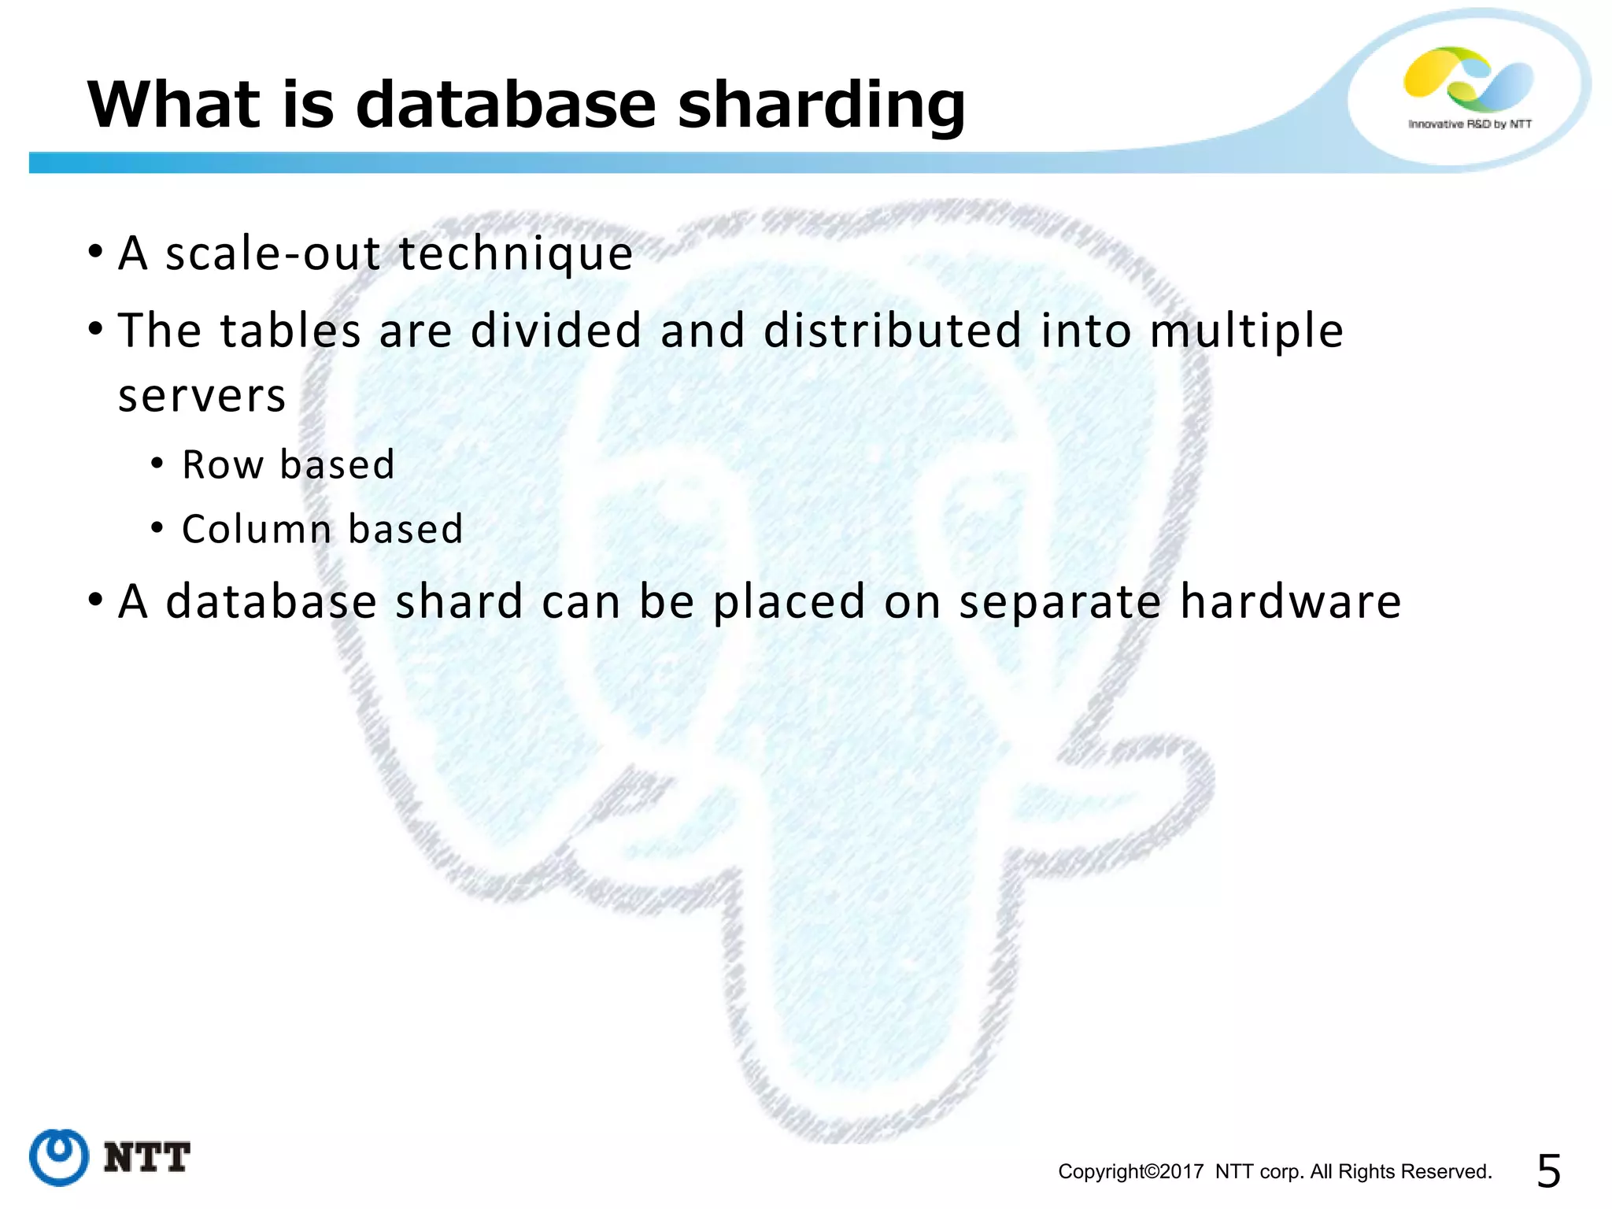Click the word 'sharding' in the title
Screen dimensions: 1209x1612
[821, 105]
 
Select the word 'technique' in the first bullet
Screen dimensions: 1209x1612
[516, 254]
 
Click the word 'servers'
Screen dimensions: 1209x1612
[201, 395]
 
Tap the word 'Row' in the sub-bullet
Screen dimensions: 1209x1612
[223, 464]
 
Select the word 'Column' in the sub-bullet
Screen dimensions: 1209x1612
[257, 529]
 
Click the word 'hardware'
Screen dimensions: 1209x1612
[1291, 602]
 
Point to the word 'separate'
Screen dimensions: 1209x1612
[1059, 604]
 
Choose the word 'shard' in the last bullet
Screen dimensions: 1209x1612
[459, 602]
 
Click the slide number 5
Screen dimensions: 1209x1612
[1548, 1171]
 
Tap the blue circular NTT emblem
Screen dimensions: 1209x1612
[59, 1157]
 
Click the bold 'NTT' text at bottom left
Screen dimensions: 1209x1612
[147, 1158]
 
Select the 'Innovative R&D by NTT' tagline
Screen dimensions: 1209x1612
[1470, 124]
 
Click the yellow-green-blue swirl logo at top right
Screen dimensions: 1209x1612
[1468, 79]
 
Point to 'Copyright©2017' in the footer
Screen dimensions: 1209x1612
[1130, 1172]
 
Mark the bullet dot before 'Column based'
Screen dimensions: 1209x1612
[157, 528]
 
